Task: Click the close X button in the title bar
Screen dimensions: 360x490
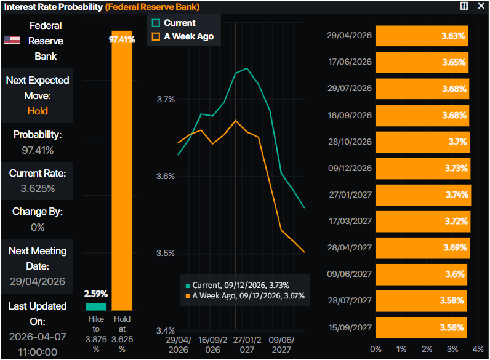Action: tap(481, 6)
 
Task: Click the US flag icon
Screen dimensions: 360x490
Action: tap(11, 41)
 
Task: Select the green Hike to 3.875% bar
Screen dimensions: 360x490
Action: tap(95, 306)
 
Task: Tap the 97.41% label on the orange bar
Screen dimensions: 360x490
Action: tap(122, 40)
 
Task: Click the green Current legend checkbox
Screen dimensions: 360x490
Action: tap(156, 23)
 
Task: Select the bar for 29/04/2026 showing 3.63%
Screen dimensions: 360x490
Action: tap(422, 36)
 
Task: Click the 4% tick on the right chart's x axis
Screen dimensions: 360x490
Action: tap(478, 349)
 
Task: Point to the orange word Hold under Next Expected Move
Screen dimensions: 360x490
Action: tap(38, 111)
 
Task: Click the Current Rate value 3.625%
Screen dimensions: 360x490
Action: tap(38, 188)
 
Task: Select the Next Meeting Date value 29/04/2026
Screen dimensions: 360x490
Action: tap(38, 281)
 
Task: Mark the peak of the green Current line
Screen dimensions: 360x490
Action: tap(246, 68)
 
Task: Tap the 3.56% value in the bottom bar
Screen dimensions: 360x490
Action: tap(453, 327)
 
